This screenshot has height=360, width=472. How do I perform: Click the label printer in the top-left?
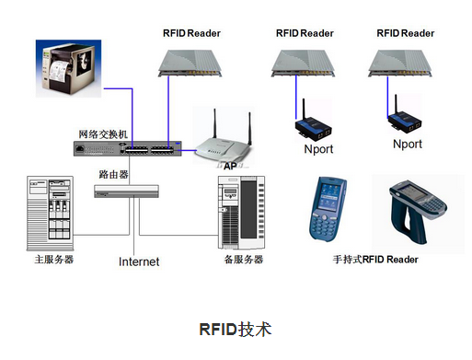(x=68, y=67)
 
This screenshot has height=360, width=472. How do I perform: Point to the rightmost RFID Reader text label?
(x=408, y=33)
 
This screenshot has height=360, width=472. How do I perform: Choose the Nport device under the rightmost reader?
(x=406, y=122)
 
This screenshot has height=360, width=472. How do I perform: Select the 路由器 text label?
(x=113, y=173)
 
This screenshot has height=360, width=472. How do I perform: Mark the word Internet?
(x=139, y=261)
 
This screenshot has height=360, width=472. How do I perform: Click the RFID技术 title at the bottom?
(x=235, y=328)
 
